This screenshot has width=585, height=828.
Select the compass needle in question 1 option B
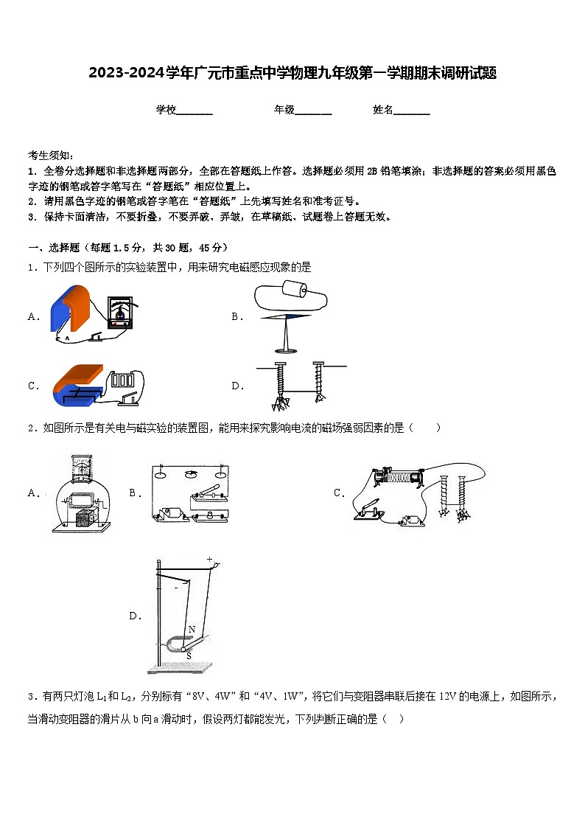point(286,317)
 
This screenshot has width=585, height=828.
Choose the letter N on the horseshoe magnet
point(192,629)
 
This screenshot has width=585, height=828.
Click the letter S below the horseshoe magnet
point(188,655)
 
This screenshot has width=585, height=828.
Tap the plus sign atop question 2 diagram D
point(209,559)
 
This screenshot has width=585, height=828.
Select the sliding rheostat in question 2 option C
point(398,477)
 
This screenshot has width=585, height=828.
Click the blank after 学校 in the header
point(195,111)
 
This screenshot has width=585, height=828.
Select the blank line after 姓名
point(412,111)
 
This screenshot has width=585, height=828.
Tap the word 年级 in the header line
point(284,110)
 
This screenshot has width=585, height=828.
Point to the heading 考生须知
point(50,155)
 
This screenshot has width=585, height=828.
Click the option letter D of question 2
point(135,616)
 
